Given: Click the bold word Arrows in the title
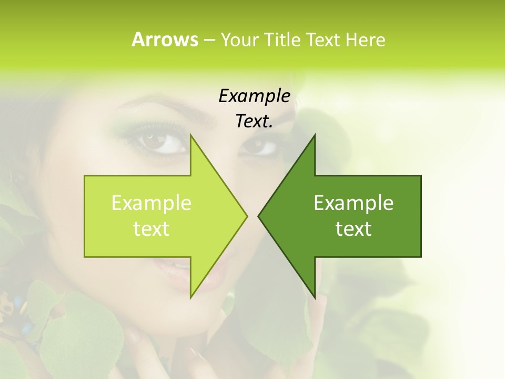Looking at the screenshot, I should point(165,39).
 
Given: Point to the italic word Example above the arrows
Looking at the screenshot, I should point(254,96).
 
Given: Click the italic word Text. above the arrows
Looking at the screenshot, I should point(254,122).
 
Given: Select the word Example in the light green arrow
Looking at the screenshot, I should point(151,203).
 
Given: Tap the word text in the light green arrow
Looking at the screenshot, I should point(151,229).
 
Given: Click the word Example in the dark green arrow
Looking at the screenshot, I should point(353,203).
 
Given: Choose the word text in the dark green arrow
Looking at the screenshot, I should point(353,229).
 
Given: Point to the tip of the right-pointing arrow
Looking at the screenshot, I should point(247,216).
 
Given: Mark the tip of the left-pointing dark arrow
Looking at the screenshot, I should point(258,216).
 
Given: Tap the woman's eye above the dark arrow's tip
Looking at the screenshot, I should point(259,146).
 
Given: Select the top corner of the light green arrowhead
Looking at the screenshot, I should point(190,135).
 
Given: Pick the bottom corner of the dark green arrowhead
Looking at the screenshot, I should point(315,298).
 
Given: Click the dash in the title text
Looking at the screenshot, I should point(209,39).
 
